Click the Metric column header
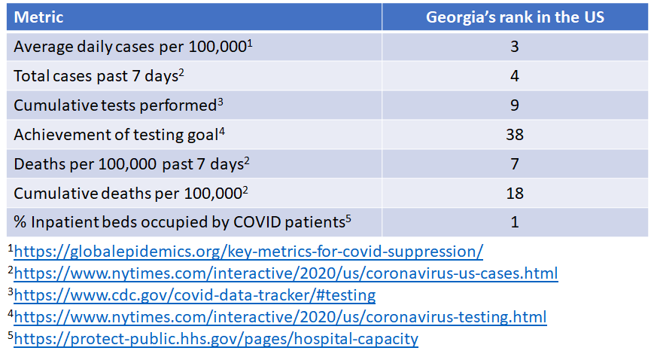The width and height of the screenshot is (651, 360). (38, 17)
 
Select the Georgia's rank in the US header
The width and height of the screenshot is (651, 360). (515, 17)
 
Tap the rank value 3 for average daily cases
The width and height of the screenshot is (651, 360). (515, 47)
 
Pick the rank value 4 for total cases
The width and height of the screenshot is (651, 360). (515, 75)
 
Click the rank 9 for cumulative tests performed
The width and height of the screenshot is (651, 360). (515, 105)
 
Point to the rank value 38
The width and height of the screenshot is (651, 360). (515, 135)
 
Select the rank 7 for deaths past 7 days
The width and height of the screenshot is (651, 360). (515, 163)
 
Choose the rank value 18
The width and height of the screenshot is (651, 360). (515, 194)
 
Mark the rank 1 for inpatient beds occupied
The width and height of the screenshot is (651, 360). (515, 222)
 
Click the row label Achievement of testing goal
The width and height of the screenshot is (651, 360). (116, 135)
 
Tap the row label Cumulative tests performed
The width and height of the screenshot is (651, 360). (115, 105)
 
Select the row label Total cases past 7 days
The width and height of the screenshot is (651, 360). (96, 76)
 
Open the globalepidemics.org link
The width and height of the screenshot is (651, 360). (248, 252)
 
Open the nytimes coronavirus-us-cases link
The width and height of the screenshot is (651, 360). (286, 273)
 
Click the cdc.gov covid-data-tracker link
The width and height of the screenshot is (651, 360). (195, 295)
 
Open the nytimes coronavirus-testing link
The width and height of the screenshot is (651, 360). (280, 317)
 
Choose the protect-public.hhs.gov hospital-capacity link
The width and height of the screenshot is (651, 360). (216, 339)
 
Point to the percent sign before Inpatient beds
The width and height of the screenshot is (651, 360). (20, 222)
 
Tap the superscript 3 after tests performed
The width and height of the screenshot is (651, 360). (221, 101)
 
